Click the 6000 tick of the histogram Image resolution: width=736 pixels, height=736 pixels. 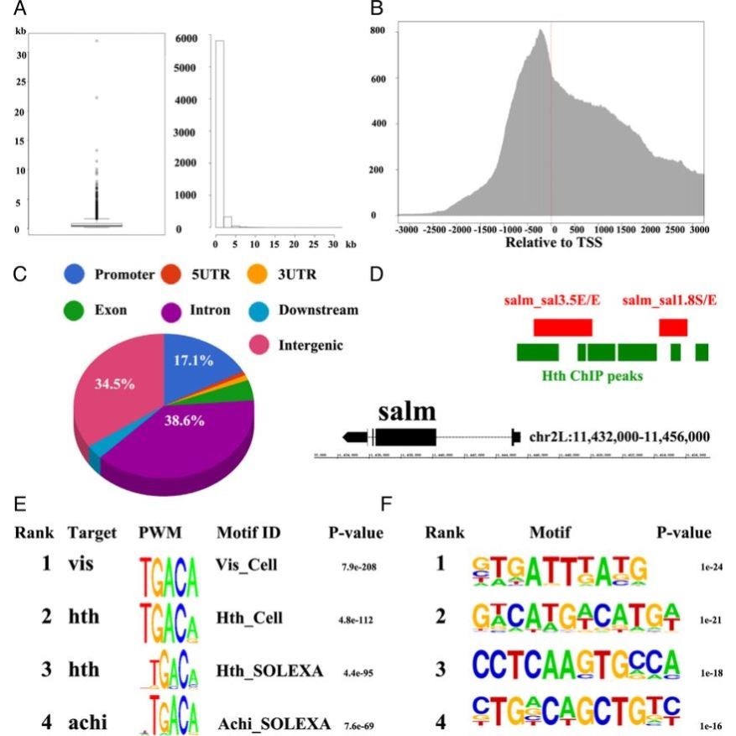(x=185, y=39)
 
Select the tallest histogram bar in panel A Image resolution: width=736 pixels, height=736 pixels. (x=219, y=134)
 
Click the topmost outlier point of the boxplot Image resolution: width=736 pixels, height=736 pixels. (x=97, y=40)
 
